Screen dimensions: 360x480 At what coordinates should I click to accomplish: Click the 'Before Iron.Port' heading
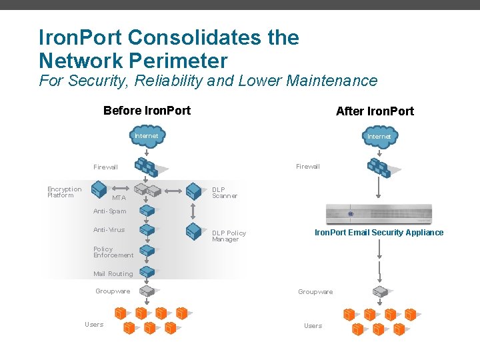click(147, 111)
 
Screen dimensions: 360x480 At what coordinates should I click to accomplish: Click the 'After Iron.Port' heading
click(375, 111)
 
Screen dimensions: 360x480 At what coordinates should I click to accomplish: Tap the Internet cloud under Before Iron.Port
click(147, 136)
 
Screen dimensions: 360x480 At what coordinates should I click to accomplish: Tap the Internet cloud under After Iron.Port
click(379, 137)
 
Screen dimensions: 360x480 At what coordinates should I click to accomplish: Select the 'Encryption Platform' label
click(64, 192)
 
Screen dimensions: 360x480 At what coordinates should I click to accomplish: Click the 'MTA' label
click(119, 198)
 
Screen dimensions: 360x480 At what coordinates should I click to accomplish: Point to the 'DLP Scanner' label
click(225, 193)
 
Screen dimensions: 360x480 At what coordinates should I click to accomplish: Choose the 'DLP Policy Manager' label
click(229, 236)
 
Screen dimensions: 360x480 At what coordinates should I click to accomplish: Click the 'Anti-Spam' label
click(109, 211)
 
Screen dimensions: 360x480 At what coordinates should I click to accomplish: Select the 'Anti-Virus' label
click(109, 230)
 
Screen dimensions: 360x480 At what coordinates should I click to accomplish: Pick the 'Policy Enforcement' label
click(113, 252)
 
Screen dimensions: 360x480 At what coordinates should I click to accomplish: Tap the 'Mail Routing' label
click(113, 274)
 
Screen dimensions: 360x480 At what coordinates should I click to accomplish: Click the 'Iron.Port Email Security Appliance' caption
click(379, 233)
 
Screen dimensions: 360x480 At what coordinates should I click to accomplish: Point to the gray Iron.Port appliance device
click(379, 214)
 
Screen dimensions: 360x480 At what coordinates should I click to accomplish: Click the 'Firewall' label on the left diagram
click(105, 167)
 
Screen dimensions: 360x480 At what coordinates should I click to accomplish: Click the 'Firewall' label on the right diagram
click(307, 167)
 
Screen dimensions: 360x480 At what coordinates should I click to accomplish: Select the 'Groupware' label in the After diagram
click(315, 292)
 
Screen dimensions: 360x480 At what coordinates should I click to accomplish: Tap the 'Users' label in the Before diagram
click(94, 325)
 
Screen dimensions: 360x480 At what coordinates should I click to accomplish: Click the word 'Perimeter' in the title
click(180, 61)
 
